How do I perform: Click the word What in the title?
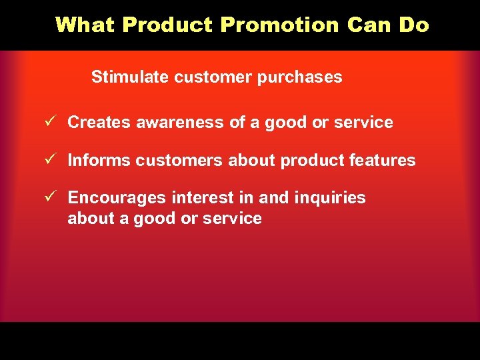[x=86, y=25]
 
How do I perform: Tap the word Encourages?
[x=117, y=198]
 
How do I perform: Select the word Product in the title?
[x=167, y=25]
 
